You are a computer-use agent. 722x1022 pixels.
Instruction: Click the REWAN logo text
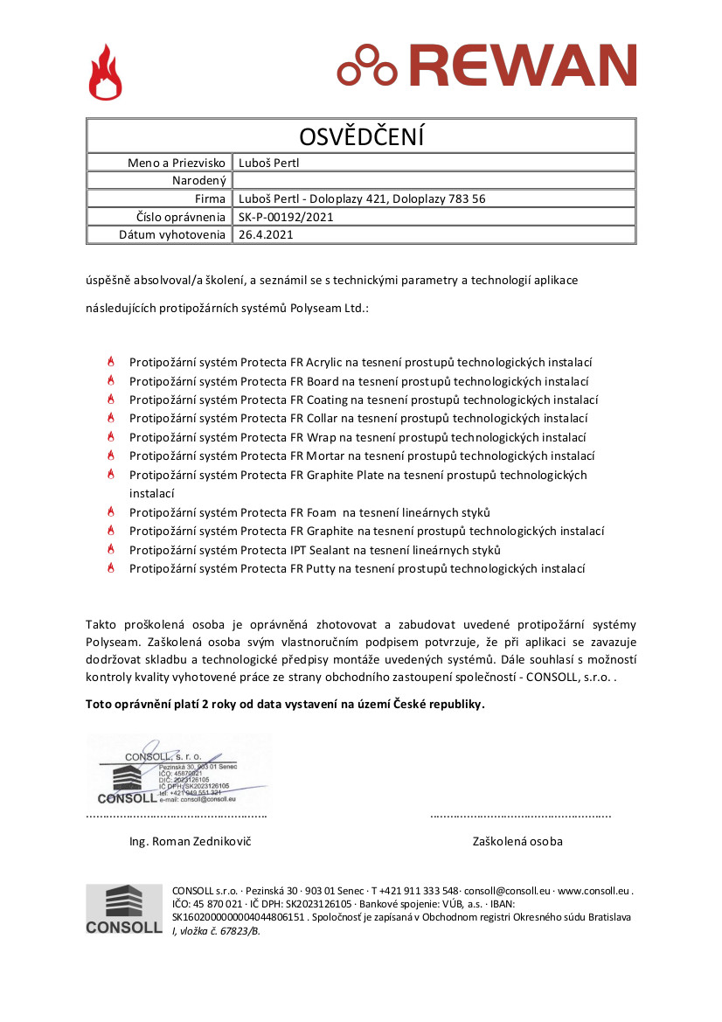click(521, 66)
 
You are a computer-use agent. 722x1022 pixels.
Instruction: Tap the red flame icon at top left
click(105, 73)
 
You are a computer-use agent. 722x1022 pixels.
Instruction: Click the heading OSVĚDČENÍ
click(361, 136)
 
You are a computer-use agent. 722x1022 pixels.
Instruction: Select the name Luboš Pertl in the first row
click(269, 163)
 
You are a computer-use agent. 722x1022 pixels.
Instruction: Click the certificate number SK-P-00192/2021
click(286, 217)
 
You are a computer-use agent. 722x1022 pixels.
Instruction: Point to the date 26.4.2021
click(266, 234)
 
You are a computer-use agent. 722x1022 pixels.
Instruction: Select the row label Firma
click(211, 198)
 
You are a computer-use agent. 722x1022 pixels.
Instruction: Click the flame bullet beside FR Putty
click(111, 568)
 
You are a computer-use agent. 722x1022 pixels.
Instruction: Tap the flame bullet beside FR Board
click(111, 381)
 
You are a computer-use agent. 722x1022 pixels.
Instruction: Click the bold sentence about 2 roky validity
click(284, 704)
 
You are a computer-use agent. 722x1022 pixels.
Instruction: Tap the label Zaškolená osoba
click(517, 841)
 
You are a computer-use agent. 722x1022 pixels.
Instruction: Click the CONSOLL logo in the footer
click(123, 909)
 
